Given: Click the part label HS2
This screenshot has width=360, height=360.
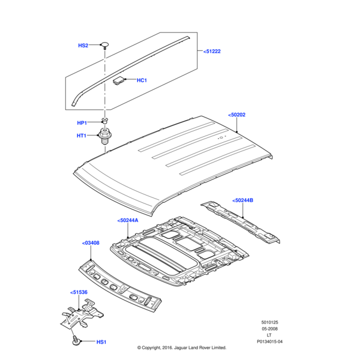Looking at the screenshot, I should click(83, 46).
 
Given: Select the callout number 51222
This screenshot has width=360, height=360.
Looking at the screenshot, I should click(212, 52).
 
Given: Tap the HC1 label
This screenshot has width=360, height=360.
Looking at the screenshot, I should click(142, 80).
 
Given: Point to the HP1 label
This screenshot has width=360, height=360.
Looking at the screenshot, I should click(82, 123).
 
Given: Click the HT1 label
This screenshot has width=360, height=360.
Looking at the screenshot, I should click(82, 136).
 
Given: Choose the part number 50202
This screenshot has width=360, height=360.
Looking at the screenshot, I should click(237, 115).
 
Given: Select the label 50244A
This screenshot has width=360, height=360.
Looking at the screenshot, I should click(128, 221).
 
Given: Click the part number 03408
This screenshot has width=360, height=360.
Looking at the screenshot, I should click(91, 243).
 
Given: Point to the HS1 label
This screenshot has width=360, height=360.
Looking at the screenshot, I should click(101, 343).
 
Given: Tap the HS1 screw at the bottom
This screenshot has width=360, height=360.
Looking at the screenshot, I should click(76, 341).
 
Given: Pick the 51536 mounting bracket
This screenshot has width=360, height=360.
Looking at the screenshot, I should click(81, 316).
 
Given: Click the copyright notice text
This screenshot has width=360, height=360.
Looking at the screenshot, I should click(181, 347).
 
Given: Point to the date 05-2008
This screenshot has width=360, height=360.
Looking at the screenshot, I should click(269, 328).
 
